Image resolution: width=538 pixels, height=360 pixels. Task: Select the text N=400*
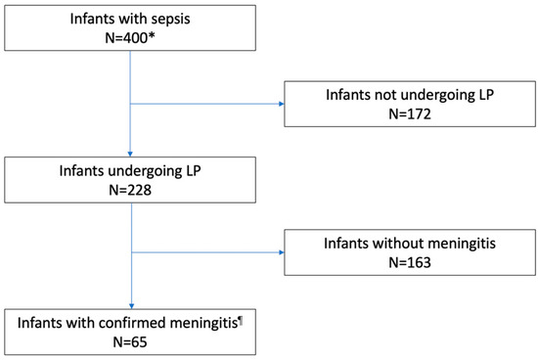pyautogui.click(x=132, y=39)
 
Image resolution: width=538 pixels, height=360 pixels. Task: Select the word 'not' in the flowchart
pyautogui.click(x=381, y=88)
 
